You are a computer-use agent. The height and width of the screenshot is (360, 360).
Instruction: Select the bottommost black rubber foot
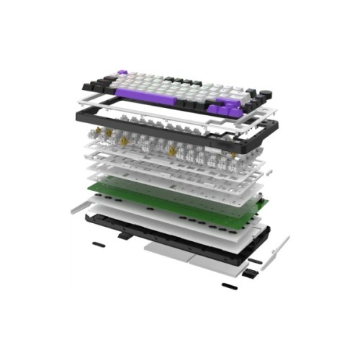click(x=229, y=286)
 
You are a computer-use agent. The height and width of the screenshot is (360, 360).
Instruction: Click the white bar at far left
click(x=81, y=209)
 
